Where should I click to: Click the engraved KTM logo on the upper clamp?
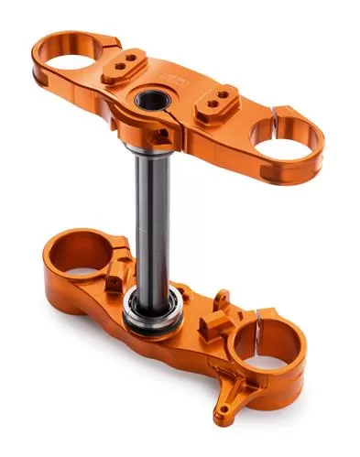[x=173, y=82]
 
